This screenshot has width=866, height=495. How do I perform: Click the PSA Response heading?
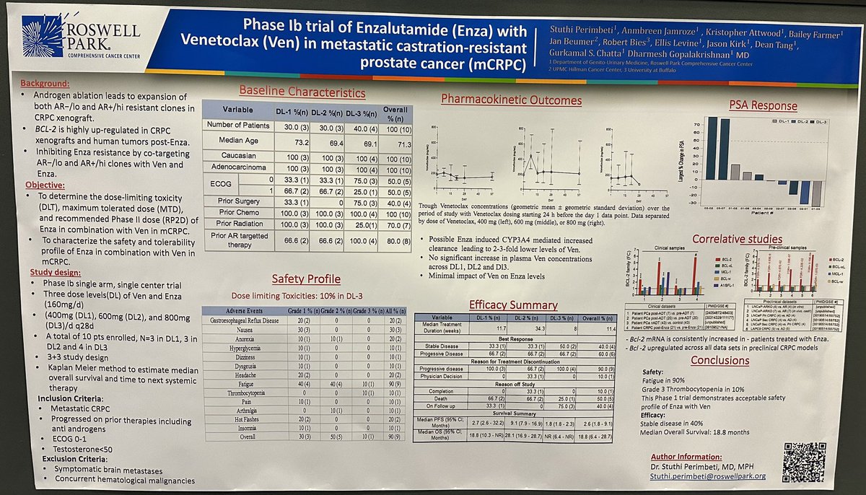[x=762, y=105]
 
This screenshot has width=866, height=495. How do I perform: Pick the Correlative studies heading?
[x=736, y=238]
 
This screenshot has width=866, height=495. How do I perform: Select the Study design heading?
[x=56, y=272]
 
